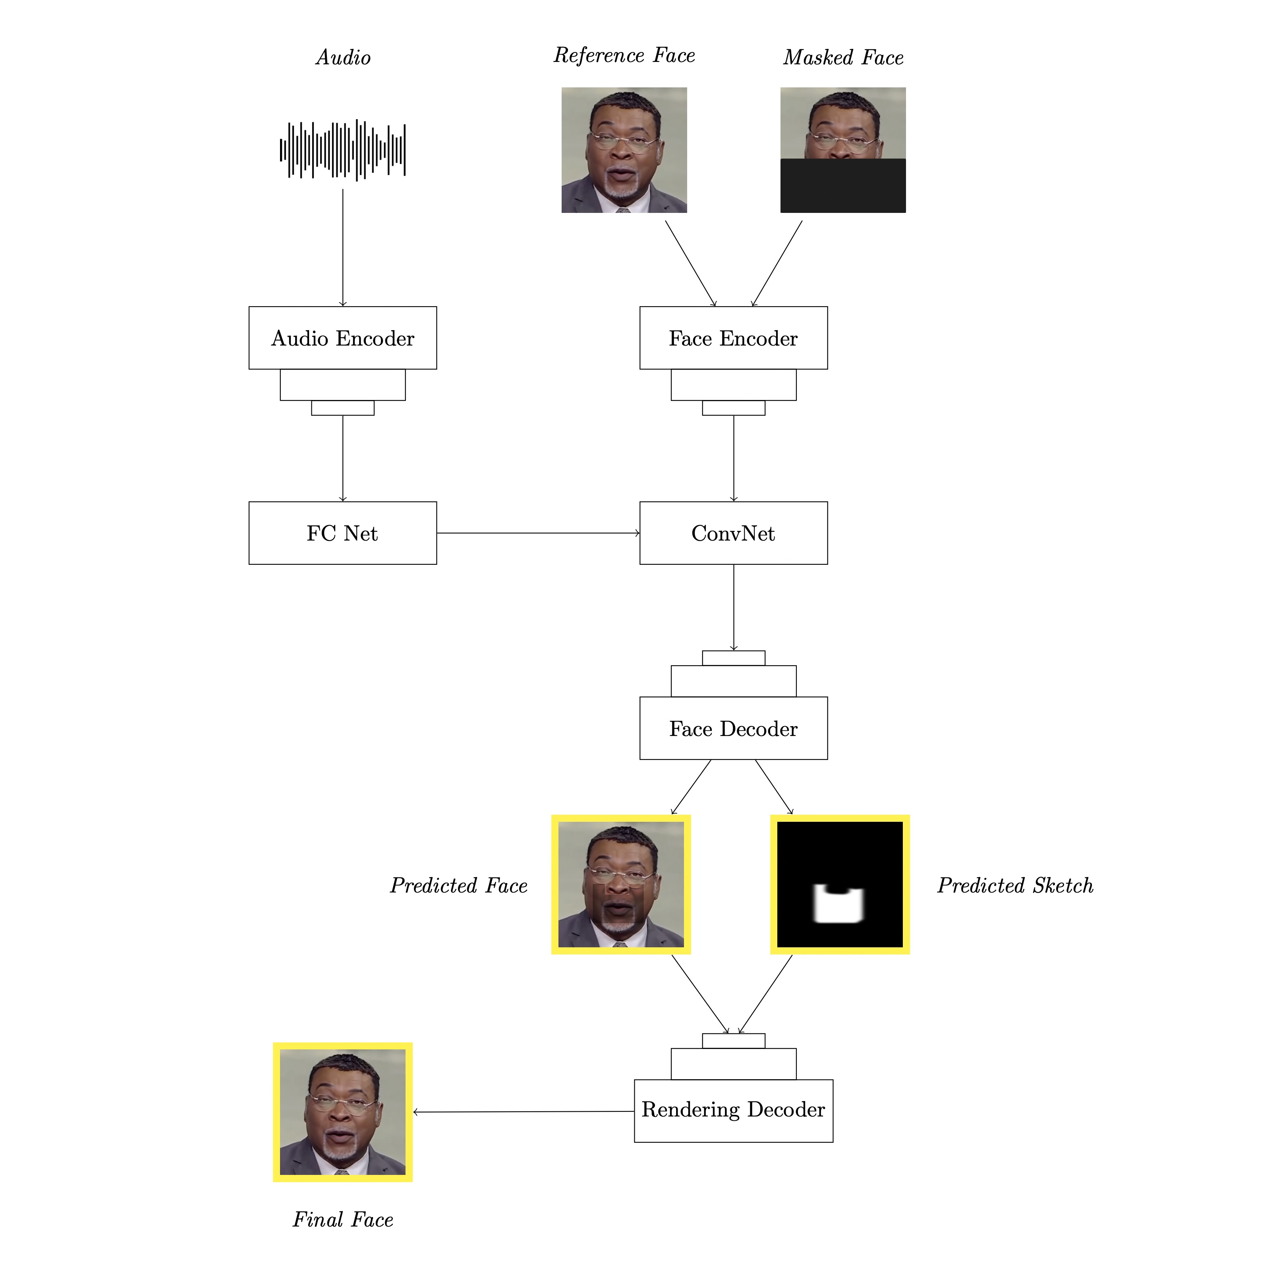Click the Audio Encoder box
click(x=342, y=338)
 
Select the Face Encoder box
click(x=733, y=338)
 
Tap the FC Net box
click(x=342, y=533)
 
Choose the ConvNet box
click(x=733, y=533)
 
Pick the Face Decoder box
click(x=733, y=728)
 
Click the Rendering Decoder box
click(x=733, y=1111)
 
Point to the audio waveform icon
click(x=342, y=151)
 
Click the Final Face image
click(x=342, y=1112)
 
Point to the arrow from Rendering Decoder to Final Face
click(x=524, y=1112)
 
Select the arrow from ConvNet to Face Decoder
click(x=733, y=608)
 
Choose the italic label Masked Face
click(x=843, y=58)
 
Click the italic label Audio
click(x=343, y=58)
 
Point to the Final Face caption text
click(x=342, y=1219)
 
